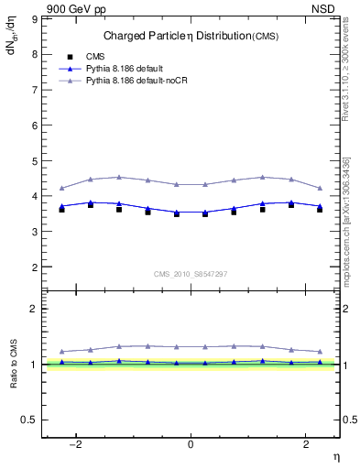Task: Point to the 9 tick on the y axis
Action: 36,18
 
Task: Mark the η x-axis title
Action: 335,457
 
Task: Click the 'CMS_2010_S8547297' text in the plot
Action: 191,274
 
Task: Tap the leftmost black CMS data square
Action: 62,210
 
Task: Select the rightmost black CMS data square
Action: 320,210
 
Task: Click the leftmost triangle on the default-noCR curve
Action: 62,188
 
